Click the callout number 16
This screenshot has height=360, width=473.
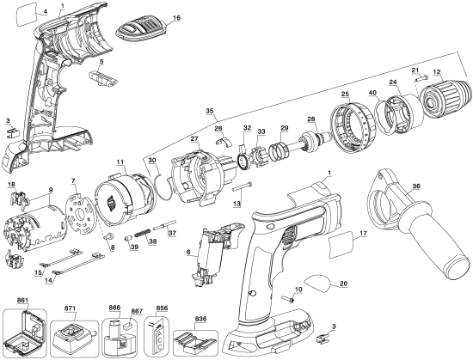tap(176, 17)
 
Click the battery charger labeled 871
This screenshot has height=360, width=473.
tap(66, 334)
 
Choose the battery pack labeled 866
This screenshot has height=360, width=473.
tap(118, 334)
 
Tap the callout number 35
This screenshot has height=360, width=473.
tap(209, 111)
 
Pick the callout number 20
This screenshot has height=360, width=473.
tap(343, 283)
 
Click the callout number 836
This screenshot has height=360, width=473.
tap(200, 317)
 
